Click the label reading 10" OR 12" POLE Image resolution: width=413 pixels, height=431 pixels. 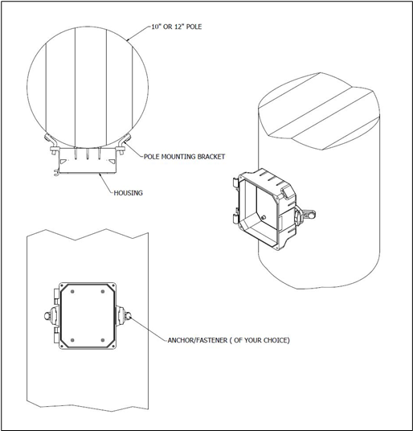coord(177,27)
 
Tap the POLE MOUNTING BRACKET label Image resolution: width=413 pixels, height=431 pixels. coord(184,157)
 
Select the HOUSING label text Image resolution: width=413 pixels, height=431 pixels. coord(129,193)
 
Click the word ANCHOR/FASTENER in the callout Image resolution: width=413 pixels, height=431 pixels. coord(198,340)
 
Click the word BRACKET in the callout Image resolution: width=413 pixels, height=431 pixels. coord(211,157)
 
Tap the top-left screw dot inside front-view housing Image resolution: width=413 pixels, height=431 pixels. coord(72,291)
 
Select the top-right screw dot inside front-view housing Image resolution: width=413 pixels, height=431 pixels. coord(103,291)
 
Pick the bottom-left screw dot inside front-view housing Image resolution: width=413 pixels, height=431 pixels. coord(72,340)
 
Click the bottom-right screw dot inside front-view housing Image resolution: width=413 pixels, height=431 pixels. coord(103,340)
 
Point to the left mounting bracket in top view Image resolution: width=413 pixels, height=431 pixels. coord(51,143)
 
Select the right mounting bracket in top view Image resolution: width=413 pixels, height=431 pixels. coord(123,143)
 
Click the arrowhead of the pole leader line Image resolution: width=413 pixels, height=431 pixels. coord(129,39)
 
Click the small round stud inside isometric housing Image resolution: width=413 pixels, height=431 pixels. coord(264,217)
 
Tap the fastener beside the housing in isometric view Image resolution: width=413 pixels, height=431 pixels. coord(305,215)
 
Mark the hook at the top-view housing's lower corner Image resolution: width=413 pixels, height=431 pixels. coord(56,173)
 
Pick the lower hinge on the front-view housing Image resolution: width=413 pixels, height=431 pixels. coord(56,335)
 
